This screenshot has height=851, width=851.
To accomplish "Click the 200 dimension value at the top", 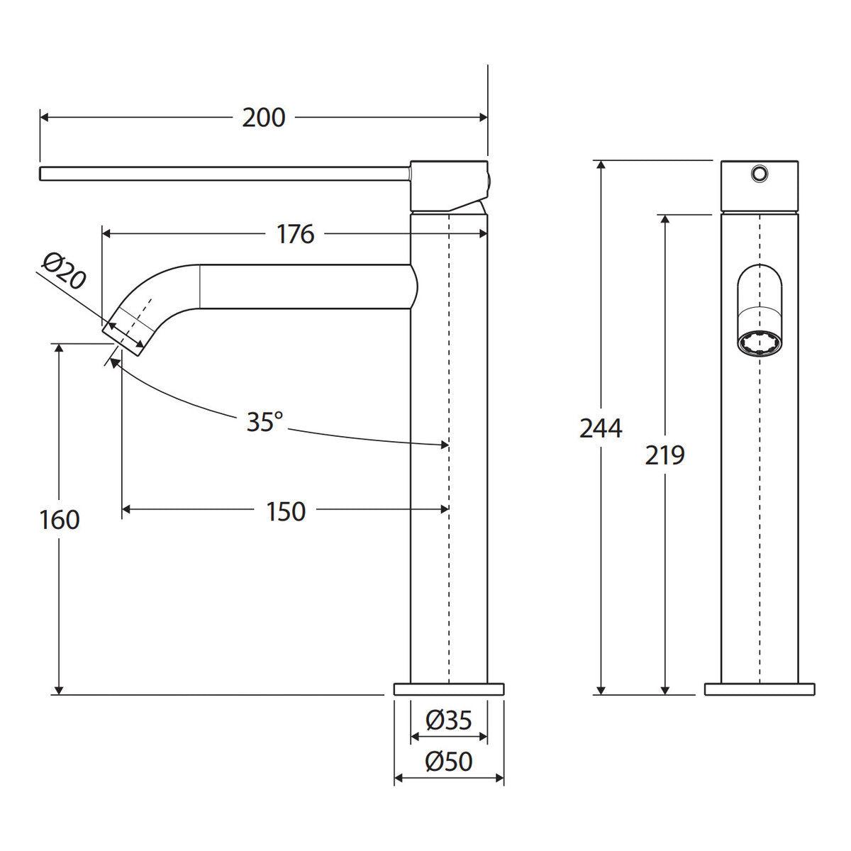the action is (264, 118).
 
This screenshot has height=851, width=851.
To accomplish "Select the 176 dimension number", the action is (296, 234).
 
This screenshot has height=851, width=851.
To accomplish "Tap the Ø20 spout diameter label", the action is (64, 272).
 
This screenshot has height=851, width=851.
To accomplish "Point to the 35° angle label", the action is (265, 421).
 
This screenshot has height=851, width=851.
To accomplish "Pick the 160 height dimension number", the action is (60, 519).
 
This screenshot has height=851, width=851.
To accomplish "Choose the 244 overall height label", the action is (601, 428).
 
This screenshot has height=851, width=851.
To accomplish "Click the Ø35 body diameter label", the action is (449, 720).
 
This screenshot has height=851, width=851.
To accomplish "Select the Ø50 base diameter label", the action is (449, 761).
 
